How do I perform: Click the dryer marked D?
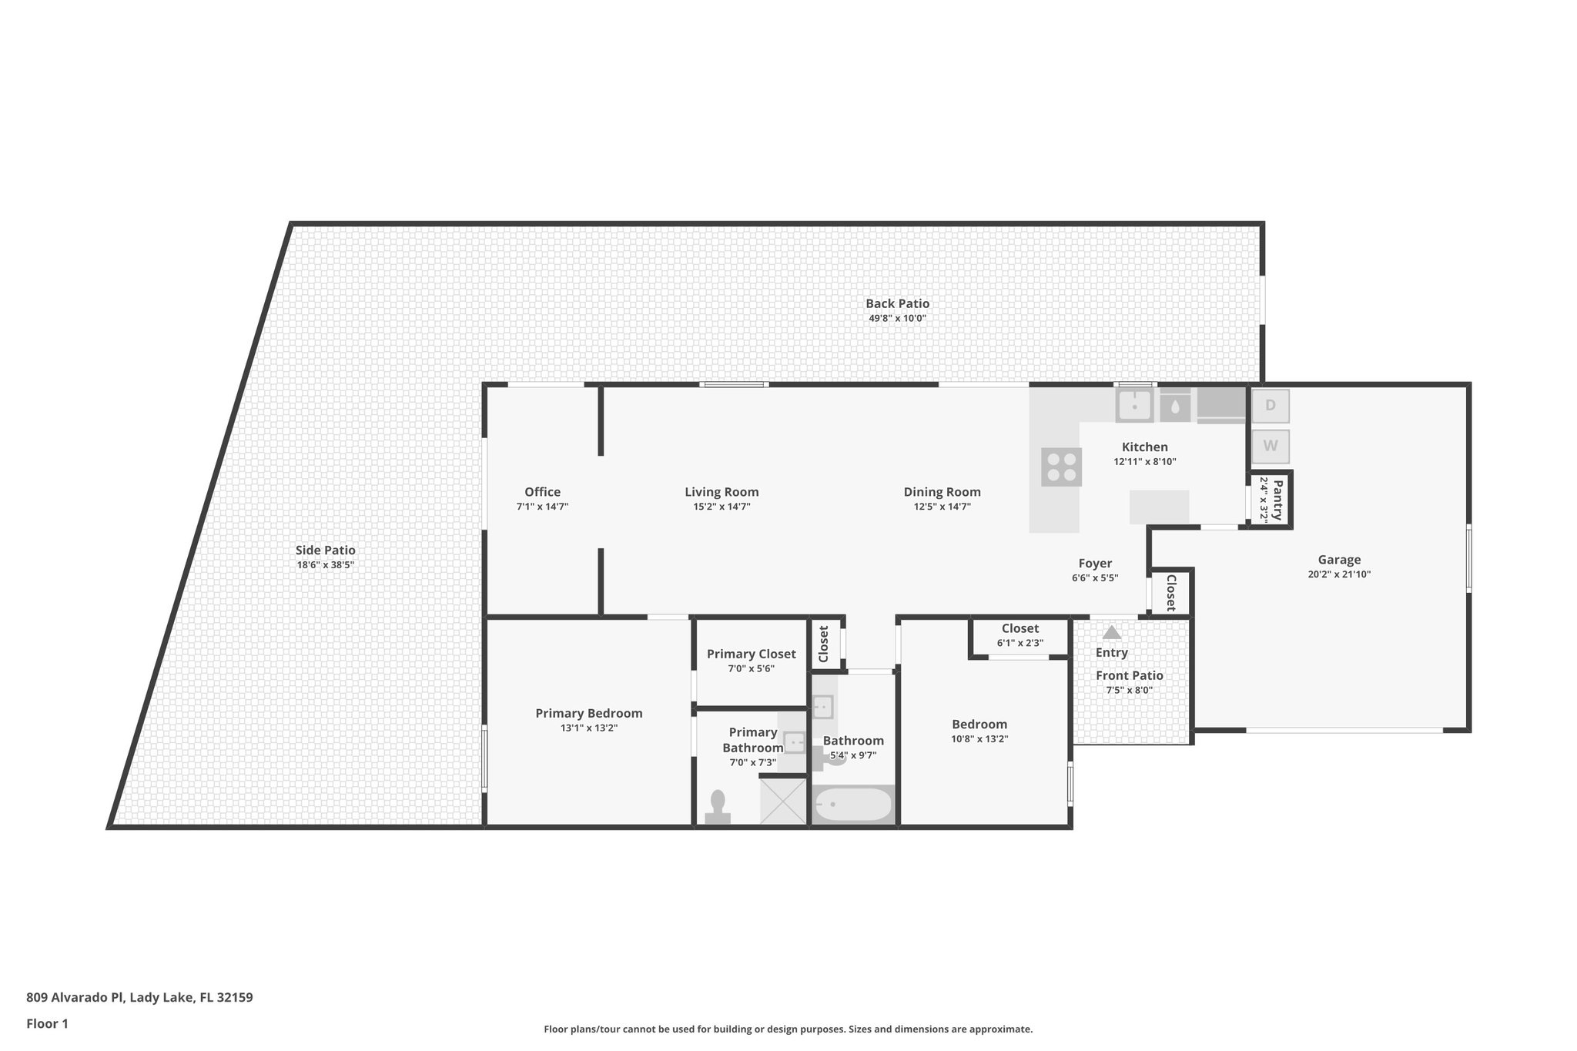click(x=1270, y=406)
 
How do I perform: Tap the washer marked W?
click(x=1270, y=446)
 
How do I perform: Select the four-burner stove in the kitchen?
click(x=1061, y=467)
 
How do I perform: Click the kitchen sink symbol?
click(x=1134, y=405)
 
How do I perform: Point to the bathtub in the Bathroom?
click(x=853, y=805)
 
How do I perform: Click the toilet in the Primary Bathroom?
click(x=718, y=807)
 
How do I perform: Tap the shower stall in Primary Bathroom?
click(x=783, y=802)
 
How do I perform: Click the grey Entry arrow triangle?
click(x=1111, y=632)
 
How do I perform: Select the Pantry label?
click(x=1277, y=499)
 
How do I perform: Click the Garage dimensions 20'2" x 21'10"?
click(x=1339, y=574)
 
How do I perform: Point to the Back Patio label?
click(x=897, y=303)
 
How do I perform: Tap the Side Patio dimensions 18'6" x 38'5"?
click(x=325, y=565)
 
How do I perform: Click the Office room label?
click(x=542, y=492)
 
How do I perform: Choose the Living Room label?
click(x=722, y=492)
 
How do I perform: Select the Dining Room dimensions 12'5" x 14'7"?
click(x=942, y=507)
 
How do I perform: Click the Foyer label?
click(x=1094, y=563)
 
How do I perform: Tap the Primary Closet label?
click(x=751, y=654)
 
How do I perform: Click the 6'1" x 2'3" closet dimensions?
click(x=1020, y=643)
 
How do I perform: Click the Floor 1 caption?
click(x=47, y=1023)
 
